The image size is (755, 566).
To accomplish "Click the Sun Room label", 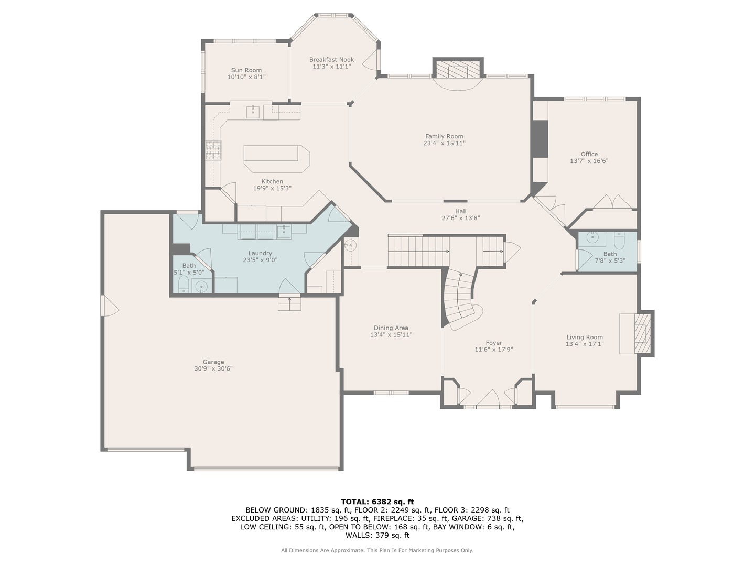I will click(246, 70).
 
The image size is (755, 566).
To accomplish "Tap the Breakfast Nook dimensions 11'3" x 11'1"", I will click(331, 67).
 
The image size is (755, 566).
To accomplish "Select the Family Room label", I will click(444, 136).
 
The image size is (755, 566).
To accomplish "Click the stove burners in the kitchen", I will click(213, 150).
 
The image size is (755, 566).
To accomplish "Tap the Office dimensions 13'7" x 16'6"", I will click(589, 161).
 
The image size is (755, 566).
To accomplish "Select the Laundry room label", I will click(260, 253).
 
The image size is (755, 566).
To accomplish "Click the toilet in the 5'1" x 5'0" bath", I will click(184, 285).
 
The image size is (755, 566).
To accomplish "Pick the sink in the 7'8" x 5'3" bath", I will click(592, 237).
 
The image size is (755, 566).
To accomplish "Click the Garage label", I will click(213, 362).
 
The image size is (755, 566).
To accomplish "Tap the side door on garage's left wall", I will click(109, 306).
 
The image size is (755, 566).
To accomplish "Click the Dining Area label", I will click(391, 328).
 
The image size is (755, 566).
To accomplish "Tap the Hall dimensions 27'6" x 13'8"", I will click(461, 218).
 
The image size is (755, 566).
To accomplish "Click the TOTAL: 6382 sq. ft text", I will click(377, 502).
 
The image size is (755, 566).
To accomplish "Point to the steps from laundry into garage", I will click(289, 303).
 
